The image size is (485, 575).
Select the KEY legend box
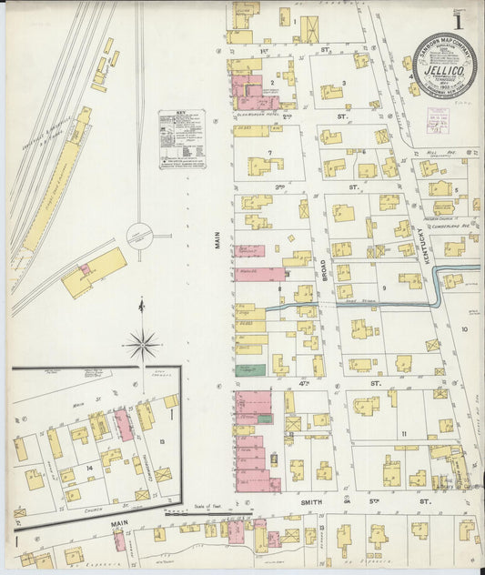(181, 141)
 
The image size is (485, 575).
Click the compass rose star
(142, 344)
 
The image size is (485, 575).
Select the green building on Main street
(246, 370)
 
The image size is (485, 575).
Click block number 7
(269, 153)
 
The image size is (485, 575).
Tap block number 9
(384, 288)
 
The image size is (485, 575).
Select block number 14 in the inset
(89, 468)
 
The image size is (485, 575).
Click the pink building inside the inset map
(124, 425)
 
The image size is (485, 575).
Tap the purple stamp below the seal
(438, 117)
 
